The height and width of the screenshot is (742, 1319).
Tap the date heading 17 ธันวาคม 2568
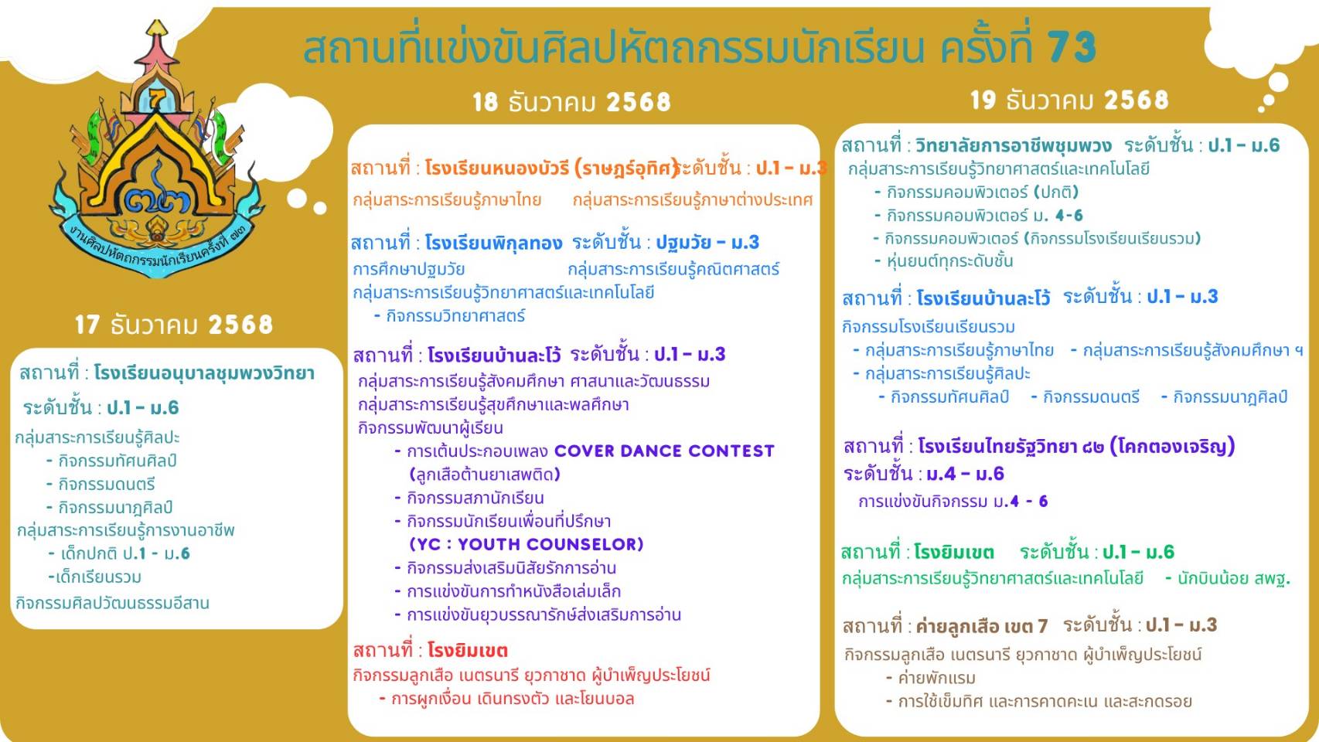click(174, 325)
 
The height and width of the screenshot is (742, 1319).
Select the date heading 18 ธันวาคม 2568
click(572, 102)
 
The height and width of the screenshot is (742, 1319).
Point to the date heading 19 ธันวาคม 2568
click(1069, 100)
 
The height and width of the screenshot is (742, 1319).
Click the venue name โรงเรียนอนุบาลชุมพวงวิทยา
click(204, 373)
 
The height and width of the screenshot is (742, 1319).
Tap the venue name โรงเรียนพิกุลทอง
click(493, 243)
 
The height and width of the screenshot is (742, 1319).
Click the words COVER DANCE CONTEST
click(664, 451)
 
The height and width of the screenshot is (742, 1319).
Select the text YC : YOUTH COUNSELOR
click(526, 544)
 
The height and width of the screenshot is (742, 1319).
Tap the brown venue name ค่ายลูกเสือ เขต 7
click(982, 626)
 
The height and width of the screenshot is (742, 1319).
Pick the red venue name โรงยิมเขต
click(468, 651)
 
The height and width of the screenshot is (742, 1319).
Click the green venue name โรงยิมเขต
click(954, 553)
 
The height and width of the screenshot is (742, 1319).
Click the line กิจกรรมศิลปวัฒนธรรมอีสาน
click(112, 603)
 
